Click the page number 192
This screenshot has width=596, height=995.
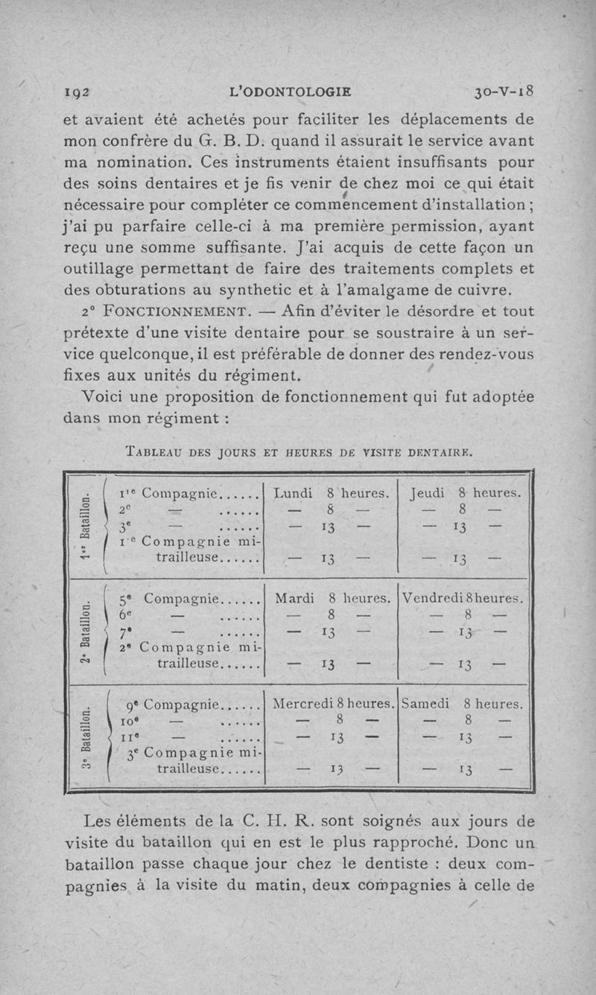pyautogui.click(x=77, y=93)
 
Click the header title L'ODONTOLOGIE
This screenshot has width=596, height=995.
pyautogui.click(x=292, y=93)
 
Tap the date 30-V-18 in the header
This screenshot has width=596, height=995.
pyautogui.click(x=504, y=93)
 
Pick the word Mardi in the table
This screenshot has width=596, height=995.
pyautogui.click(x=294, y=598)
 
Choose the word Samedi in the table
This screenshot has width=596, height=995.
pyautogui.click(x=425, y=703)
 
